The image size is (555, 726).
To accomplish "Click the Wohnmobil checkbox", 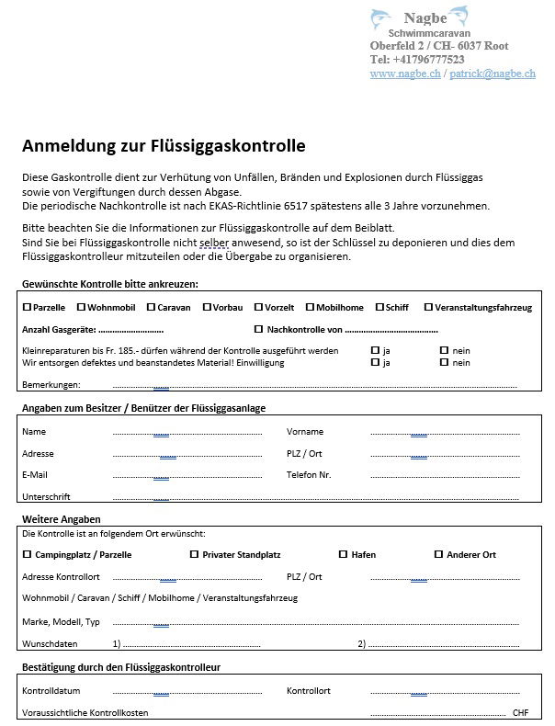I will (x=81, y=307).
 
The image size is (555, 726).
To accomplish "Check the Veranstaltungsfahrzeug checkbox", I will (x=428, y=307).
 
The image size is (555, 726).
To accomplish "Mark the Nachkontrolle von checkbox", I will (x=258, y=328).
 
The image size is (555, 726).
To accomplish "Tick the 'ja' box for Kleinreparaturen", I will (x=375, y=350).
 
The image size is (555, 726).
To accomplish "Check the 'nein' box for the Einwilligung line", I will (x=444, y=362).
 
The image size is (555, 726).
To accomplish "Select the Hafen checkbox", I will (x=343, y=554).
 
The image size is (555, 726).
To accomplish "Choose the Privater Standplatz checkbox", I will (x=194, y=554).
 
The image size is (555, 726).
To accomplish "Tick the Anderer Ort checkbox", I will (x=438, y=554).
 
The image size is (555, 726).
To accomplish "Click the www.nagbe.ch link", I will (x=404, y=74).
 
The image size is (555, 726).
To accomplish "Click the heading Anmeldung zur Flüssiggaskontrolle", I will (x=164, y=145).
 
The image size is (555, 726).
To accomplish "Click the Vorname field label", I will (x=303, y=431).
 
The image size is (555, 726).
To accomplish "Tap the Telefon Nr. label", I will (x=309, y=474).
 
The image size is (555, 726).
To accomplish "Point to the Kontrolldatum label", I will (x=51, y=690).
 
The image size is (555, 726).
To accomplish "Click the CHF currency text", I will (x=521, y=712).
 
